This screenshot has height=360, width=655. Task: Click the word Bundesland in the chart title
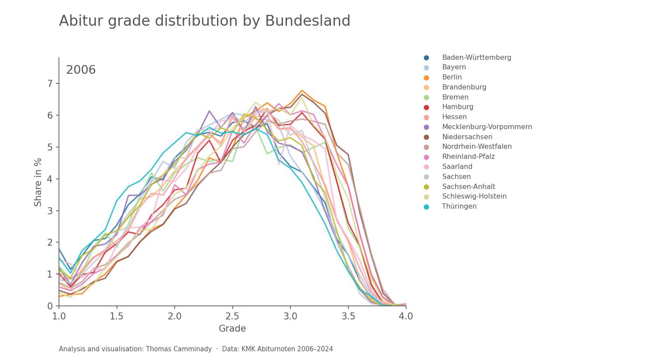[x=307, y=21]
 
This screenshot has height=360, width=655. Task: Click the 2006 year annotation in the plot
[x=81, y=70]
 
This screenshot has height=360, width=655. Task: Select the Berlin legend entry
[x=452, y=77]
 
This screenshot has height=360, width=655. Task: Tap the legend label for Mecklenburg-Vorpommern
[x=487, y=127]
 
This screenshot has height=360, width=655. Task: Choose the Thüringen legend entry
[x=459, y=206]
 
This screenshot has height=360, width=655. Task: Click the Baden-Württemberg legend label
[x=476, y=58]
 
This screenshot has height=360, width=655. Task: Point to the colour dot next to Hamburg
[x=426, y=107]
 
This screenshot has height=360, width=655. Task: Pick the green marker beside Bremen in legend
[x=426, y=97]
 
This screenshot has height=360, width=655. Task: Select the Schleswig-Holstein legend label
[x=474, y=196]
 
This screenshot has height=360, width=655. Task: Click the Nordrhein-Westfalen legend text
[x=477, y=147]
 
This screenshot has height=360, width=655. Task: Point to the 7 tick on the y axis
[x=50, y=83]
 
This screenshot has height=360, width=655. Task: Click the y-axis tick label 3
[x=50, y=211]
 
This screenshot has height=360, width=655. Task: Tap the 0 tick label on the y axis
[x=50, y=306]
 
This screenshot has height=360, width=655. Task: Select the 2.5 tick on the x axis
[x=232, y=316]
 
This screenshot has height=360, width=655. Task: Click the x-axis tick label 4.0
[x=406, y=316]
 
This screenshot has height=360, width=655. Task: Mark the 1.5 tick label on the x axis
[x=117, y=316]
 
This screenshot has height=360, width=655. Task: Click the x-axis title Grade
[x=232, y=329]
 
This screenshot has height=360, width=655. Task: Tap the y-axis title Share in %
[x=38, y=182]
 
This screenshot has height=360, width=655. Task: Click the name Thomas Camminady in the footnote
[x=179, y=349]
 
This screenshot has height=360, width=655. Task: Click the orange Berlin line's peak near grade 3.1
[x=302, y=90]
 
